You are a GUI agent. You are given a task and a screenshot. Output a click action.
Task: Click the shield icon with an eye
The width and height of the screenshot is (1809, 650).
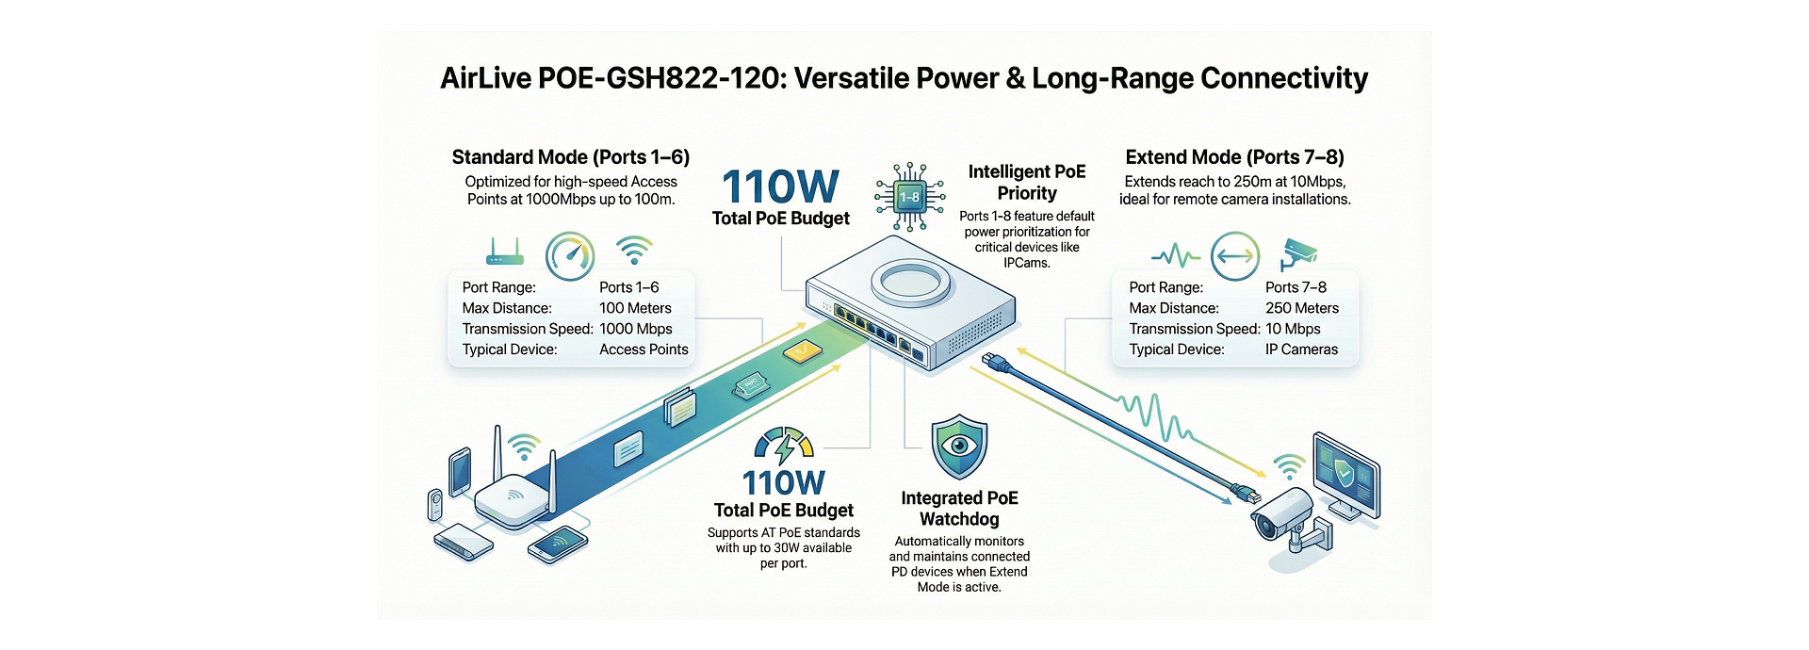(959, 447)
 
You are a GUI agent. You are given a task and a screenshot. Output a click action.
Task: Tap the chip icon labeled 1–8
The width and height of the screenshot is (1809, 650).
(908, 197)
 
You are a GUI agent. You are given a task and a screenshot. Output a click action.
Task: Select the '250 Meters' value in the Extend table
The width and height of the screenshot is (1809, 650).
(1301, 308)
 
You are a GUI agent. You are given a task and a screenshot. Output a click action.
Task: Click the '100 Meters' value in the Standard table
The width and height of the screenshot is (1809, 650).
(635, 308)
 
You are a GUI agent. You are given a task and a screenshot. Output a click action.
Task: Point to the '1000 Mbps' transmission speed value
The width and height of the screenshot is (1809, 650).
(635, 329)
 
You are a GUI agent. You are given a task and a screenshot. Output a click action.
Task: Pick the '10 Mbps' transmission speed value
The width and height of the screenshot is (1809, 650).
(1292, 329)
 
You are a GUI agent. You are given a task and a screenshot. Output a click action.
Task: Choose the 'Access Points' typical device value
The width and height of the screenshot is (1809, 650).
(644, 349)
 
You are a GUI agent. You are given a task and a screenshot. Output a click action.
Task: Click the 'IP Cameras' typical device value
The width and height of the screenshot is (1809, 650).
(1301, 349)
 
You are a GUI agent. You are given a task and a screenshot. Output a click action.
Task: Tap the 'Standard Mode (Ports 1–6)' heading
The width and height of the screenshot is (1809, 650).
(570, 157)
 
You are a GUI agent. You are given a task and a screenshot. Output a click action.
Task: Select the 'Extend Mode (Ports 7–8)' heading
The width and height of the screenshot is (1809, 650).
(1234, 157)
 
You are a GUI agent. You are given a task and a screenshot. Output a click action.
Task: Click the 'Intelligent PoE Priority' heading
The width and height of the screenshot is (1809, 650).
(1027, 182)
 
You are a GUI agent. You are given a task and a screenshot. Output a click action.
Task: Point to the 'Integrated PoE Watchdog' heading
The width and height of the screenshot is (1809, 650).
(959, 509)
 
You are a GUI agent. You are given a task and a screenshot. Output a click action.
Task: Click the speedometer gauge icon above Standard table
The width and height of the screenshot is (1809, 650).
(570, 255)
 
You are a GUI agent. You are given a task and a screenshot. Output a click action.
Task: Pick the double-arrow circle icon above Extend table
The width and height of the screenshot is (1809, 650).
(1234, 255)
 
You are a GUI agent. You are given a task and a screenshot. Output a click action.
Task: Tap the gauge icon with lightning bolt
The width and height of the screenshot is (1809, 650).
(783, 447)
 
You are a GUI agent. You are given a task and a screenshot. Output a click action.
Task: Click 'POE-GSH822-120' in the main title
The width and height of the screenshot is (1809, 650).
(660, 78)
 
